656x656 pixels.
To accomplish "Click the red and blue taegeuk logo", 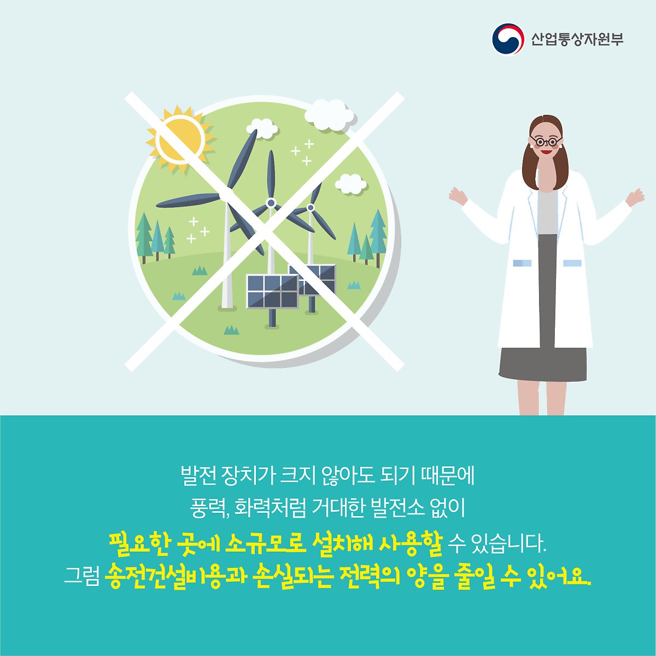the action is coord(508,39).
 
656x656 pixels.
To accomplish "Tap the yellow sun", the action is coord(180,139).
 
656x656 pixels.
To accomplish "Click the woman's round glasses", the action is coord(546,140).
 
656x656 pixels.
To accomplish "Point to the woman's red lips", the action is coord(546,152).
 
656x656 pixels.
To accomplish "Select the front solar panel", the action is coord(272,291).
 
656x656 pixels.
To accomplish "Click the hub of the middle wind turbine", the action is coord(271,203).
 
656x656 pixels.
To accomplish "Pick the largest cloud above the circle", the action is coord(329,115).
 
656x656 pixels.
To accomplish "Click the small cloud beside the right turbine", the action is coord(350,184).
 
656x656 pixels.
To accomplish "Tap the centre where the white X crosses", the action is coord(264,231).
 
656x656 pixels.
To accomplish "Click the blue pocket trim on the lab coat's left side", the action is coord(522,263).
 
